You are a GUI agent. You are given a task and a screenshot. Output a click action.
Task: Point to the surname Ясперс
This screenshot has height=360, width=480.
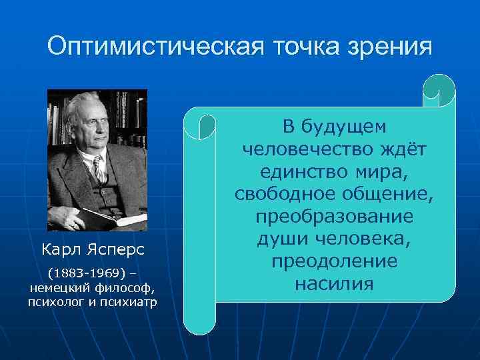(119, 250)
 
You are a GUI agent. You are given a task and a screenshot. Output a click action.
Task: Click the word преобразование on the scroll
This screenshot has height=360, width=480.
(334, 217)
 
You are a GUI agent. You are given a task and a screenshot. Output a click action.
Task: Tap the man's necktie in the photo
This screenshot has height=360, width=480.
(99, 168)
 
